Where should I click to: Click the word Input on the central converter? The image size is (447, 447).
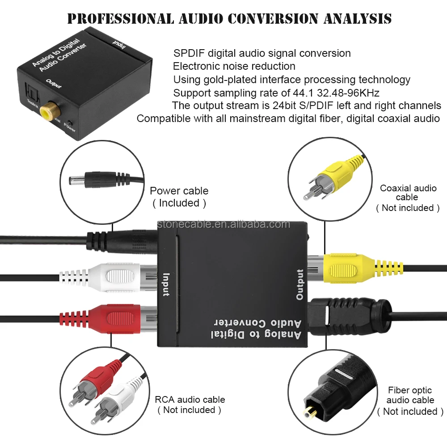(x=166, y=284)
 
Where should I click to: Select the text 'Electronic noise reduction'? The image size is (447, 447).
(x=234, y=66)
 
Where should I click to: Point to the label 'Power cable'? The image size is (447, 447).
(x=179, y=191)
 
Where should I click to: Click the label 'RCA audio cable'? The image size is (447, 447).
(x=190, y=400)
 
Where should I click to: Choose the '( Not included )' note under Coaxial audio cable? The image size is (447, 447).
(x=408, y=208)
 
